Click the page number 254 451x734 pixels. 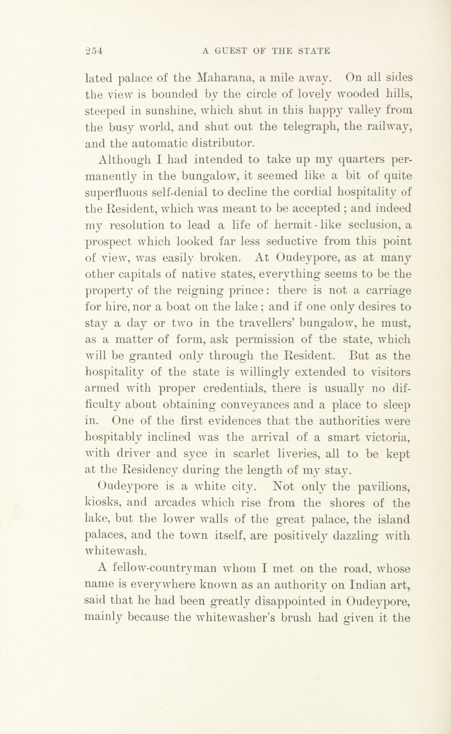[x=94, y=51]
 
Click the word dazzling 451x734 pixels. [x=352, y=536]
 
